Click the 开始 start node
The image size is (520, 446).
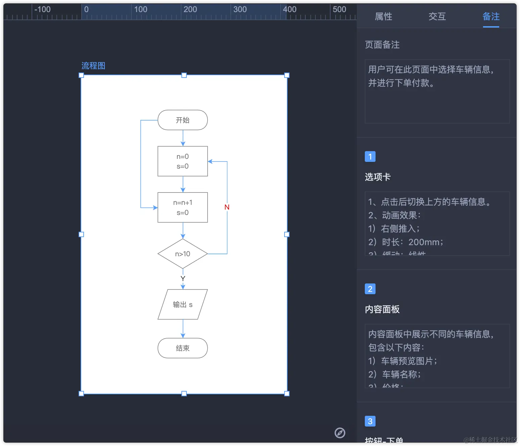[x=182, y=120]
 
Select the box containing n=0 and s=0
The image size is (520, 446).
[x=182, y=161]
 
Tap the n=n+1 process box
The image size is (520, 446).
[x=182, y=207]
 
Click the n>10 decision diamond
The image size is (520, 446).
[x=182, y=254]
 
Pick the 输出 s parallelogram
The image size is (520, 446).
[x=182, y=304]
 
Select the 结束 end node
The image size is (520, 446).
[x=182, y=348]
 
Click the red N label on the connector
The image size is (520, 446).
[x=227, y=207]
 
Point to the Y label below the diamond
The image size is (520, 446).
[x=183, y=278]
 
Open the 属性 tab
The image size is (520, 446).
[x=383, y=16]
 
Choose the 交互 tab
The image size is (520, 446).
[x=437, y=16]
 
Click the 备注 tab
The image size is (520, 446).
[x=491, y=16]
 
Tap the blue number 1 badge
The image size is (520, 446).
[x=370, y=157]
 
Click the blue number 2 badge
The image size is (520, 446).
[x=370, y=289]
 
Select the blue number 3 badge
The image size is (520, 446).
[x=370, y=421]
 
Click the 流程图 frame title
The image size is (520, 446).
[x=93, y=66]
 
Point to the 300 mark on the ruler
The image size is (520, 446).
[x=240, y=9]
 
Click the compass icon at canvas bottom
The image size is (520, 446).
[x=340, y=433]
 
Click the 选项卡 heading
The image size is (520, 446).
[x=378, y=177]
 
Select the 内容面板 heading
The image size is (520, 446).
[x=382, y=309]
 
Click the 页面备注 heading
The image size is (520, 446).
[x=382, y=45]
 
